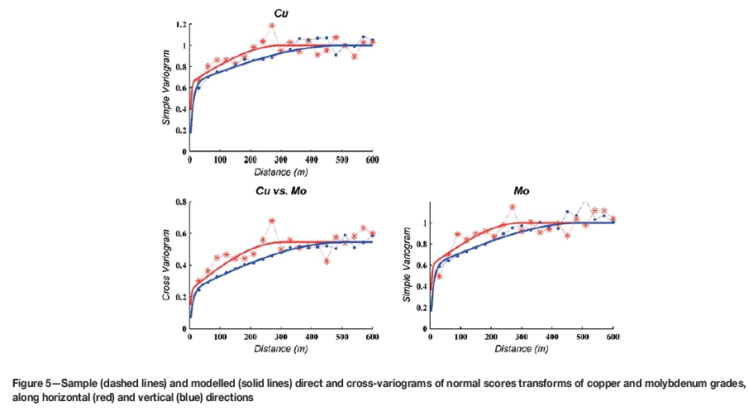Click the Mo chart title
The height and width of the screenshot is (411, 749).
(522, 190)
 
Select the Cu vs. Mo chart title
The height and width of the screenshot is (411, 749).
(282, 191)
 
